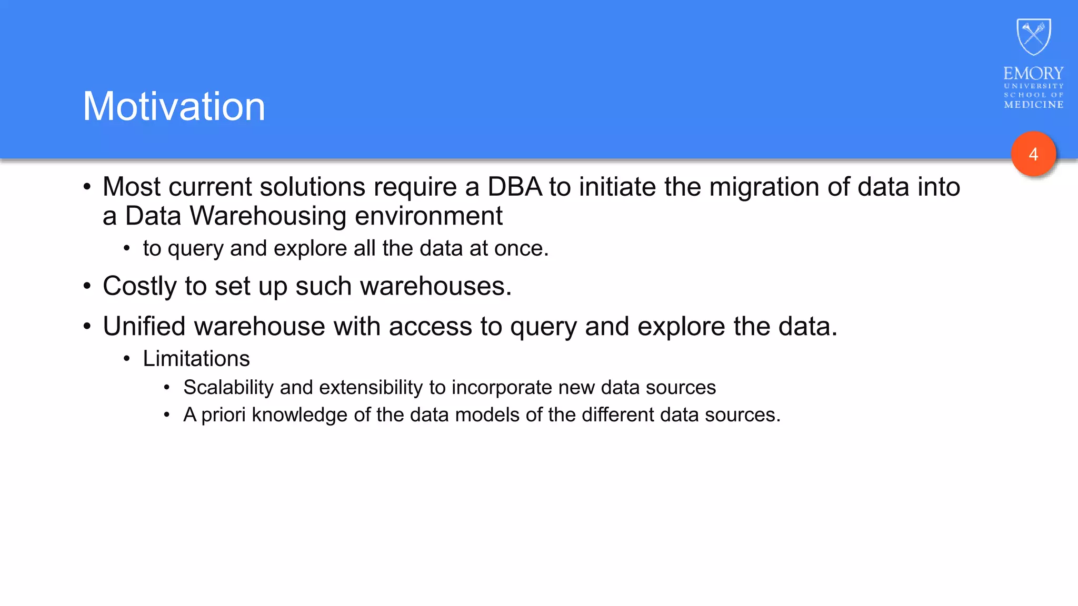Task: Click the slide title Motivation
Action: pos(174,107)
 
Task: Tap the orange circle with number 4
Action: pos(1033,154)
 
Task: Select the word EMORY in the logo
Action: pos(1033,73)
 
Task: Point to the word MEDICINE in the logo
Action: pos(1033,105)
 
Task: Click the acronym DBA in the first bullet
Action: pos(514,187)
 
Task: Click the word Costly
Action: pos(139,287)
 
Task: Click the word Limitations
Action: pos(196,359)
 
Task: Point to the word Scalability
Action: pos(228,388)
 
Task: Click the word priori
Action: pos(223,415)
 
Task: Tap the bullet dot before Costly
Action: pos(87,287)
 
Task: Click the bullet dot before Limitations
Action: pos(126,359)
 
